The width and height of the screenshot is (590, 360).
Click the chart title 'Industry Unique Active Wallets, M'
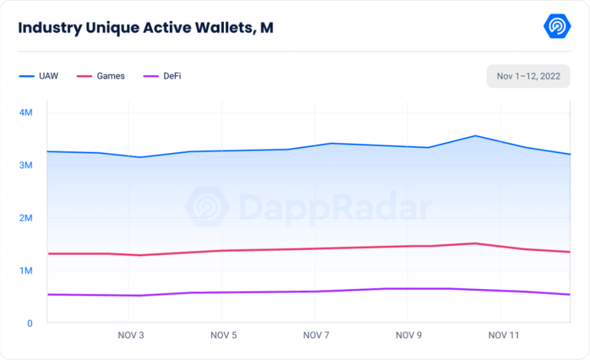(146, 28)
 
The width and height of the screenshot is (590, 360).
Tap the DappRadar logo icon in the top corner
(557, 26)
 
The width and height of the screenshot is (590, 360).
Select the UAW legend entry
(39, 76)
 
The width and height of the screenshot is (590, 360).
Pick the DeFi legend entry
(162, 76)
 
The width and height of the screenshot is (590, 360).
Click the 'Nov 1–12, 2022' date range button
(528, 76)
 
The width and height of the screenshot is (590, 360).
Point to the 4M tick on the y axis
(25, 113)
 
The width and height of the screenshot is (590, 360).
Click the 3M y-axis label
(25, 165)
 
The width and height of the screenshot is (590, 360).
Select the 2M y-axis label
(25, 218)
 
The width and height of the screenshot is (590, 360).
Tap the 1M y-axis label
(25, 271)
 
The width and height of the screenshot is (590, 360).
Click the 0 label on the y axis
(29, 323)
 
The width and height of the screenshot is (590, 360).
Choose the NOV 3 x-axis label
(131, 335)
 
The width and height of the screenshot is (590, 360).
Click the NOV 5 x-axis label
(223, 335)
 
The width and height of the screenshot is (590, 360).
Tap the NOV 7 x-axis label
(316, 335)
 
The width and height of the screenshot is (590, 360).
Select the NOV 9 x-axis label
(409, 335)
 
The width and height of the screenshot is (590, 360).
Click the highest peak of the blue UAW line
(475, 136)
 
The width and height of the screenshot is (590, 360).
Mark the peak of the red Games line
(475, 243)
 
